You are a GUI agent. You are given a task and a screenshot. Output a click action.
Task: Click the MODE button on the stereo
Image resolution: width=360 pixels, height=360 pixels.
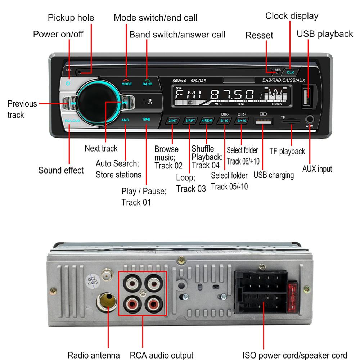click(126, 82)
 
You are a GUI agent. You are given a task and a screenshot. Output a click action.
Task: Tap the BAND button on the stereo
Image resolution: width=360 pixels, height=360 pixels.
click(147, 82)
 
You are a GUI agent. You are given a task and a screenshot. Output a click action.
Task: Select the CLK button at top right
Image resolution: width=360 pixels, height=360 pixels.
click(291, 72)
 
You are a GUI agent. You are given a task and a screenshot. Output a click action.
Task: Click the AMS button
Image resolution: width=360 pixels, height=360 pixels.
click(125, 120)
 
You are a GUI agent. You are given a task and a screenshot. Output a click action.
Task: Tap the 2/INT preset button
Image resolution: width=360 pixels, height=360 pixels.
click(173, 121)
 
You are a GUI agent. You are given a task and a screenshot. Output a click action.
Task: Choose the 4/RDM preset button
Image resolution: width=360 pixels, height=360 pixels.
click(207, 121)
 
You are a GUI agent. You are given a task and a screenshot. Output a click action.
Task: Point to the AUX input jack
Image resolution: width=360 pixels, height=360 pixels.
click(310, 119)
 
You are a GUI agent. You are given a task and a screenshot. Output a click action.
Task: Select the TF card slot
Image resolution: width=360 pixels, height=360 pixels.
click(291, 122)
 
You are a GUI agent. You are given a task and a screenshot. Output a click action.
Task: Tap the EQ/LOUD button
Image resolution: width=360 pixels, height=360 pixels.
click(72, 121)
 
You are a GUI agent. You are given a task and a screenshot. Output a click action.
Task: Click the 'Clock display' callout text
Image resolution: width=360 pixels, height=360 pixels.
click(292, 16)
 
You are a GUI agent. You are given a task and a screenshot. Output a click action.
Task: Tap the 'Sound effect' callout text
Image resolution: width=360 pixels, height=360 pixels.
click(61, 170)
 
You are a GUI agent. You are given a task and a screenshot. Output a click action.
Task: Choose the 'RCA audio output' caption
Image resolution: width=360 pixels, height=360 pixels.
click(162, 355)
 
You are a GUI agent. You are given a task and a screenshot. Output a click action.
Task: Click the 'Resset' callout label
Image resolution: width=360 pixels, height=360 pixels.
click(259, 35)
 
